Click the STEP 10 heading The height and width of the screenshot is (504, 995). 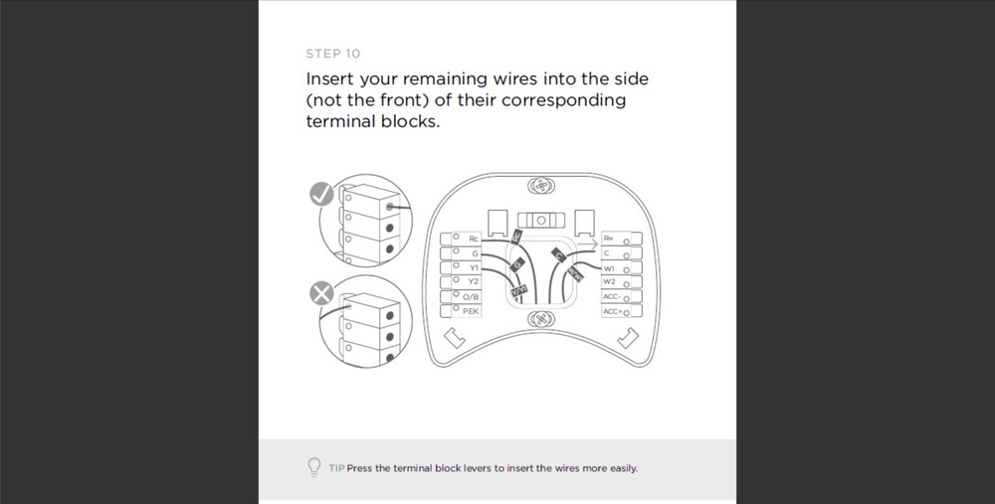(333, 54)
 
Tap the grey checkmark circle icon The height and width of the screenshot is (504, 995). (319, 196)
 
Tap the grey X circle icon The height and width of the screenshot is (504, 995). (319, 293)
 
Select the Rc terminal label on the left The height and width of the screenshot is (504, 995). (473, 240)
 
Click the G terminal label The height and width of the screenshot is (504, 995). (475, 253)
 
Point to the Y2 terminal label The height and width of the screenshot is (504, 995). (473, 281)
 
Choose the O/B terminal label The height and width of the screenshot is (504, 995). (471, 296)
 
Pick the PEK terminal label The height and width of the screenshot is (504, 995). (471, 310)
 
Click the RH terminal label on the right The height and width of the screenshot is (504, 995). (609, 239)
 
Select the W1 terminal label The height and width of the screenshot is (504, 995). (609, 268)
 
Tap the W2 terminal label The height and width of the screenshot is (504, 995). (609, 282)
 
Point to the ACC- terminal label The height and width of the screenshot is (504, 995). (611, 296)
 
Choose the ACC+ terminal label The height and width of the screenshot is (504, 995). (611, 311)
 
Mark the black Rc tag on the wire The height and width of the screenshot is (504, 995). (516, 237)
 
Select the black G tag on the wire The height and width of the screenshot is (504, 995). (516, 265)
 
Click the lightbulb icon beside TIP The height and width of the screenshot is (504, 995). (314, 467)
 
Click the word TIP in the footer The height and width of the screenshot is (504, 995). (335, 468)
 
